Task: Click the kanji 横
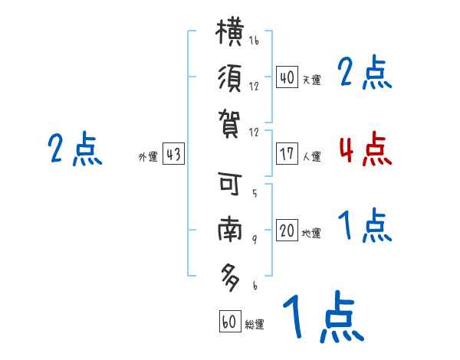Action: [230, 31]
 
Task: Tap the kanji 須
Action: [230, 78]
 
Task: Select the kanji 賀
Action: [230, 124]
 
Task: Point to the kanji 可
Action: [230, 183]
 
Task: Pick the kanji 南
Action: [230, 230]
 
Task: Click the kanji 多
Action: [230, 277]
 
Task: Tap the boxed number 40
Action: [287, 77]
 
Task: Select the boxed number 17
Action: [287, 153]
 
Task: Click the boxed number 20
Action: [287, 230]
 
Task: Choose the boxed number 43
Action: [173, 153]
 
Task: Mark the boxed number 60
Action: [230, 321]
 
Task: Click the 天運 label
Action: [311, 80]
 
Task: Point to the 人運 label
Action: [311, 156]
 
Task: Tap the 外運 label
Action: [148, 156]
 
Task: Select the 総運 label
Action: [255, 324]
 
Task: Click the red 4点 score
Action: [366, 149]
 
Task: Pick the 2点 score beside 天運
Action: [365, 72]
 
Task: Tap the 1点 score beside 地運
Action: [365, 225]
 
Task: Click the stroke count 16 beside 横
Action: [254, 40]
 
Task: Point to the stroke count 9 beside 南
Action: [255, 239]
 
